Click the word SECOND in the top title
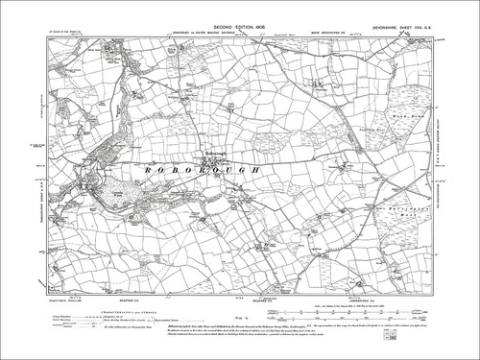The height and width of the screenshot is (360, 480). [204, 16]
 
